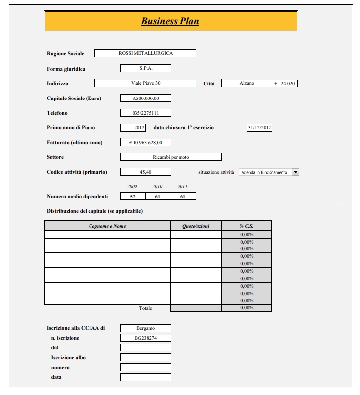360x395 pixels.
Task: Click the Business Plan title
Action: [x=170, y=21]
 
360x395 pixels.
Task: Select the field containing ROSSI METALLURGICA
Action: [x=145, y=53]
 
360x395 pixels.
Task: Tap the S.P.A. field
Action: [x=145, y=68]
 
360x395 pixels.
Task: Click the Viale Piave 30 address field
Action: [x=145, y=83]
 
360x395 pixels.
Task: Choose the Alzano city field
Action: [x=246, y=83]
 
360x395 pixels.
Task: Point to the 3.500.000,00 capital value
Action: [x=145, y=98]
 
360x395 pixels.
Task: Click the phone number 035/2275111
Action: [x=145, y=113]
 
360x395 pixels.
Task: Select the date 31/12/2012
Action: [x=260, y=128]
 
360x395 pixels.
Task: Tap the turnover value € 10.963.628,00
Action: [x=145, y=143]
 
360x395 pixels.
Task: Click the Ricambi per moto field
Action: [x=171, y=157]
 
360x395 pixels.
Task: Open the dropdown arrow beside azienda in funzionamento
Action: [x=296, y=172]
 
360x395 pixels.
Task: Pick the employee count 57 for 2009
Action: [x=133, y=197]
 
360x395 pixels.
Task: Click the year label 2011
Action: [x=183, y=187]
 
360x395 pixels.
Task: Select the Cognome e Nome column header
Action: [x=107, y=226]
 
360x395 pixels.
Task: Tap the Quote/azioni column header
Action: [x=196, y=226]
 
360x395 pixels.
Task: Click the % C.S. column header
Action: [x=246, y=226]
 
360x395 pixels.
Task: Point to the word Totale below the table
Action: [x=146, y=308]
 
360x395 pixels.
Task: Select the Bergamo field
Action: [x=145, y=328]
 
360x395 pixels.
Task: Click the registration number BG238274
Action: [x=145, y=338]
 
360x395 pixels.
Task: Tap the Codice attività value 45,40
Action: [x=145, y=172]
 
